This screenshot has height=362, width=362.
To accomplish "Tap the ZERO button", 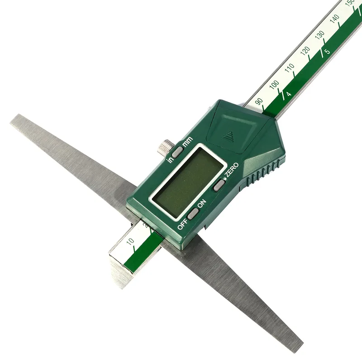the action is click(x=219, y=185).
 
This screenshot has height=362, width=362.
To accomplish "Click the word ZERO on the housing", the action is click(x=232, y=170).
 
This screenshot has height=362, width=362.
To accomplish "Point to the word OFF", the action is click(x=182, y=224).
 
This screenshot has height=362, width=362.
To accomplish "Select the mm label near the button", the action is click(x=187, y=141).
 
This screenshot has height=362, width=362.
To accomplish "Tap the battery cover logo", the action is click(x=228, y=137).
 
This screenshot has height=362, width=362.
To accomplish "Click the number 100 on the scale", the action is click(x=274, y=85).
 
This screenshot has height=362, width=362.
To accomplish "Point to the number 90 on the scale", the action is click(x=259, y=101).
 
